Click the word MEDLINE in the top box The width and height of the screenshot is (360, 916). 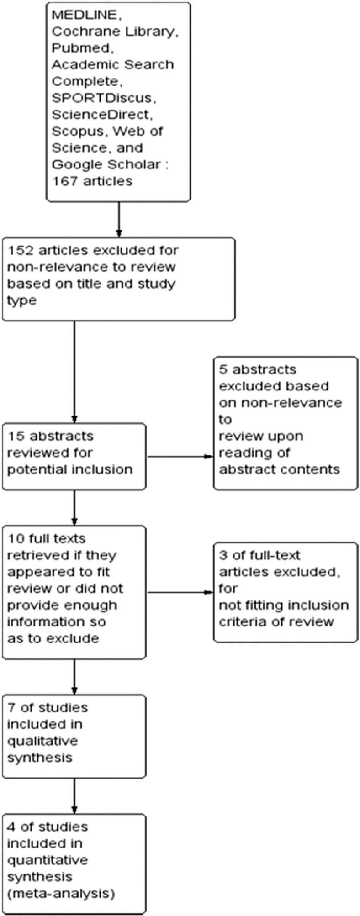(x=84, y=15)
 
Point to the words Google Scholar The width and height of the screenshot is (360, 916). (x=106, y=164)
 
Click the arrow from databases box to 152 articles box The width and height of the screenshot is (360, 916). (x=119, y=219)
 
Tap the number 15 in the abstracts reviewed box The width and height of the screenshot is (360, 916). (x=16, y=436)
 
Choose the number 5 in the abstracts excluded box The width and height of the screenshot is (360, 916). (x=223, y=369)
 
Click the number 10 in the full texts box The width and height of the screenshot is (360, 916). (x=16, y=539)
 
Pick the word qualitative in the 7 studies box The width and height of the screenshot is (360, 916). (x=42, y=741)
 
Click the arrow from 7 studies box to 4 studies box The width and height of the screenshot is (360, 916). (x=74, y=796)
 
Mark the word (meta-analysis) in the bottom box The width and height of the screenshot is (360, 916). (x=60, y=893)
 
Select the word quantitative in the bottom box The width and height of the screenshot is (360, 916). (x=47, y=860)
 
